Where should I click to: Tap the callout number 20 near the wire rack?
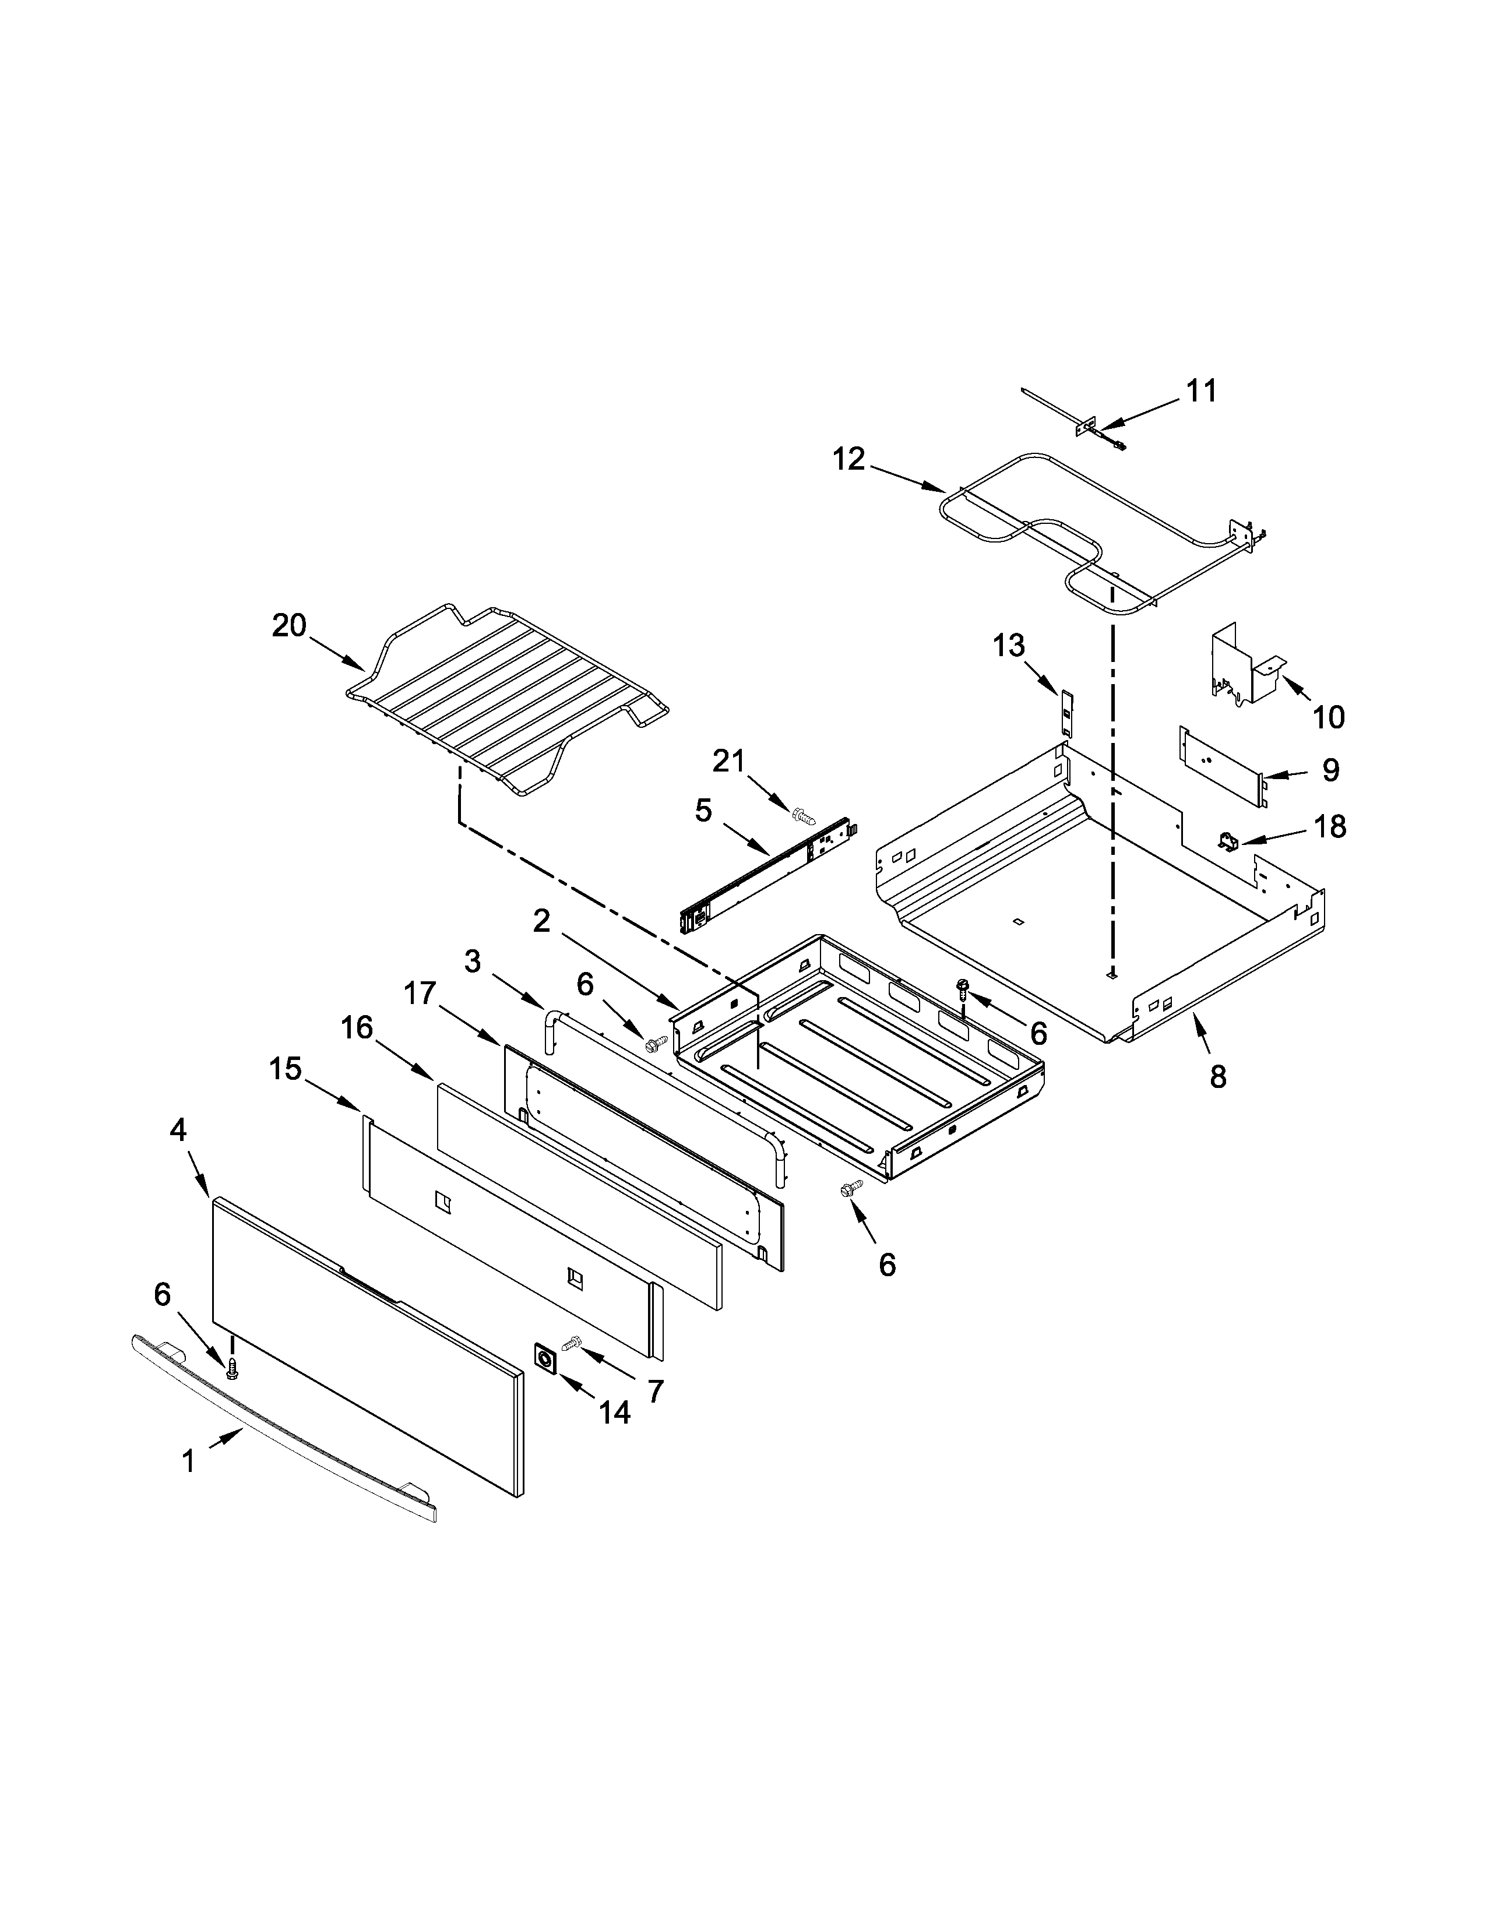288,625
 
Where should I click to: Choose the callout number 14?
614,1413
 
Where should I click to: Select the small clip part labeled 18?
1227,842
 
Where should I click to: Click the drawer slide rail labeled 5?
766,881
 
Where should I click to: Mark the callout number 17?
420,992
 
